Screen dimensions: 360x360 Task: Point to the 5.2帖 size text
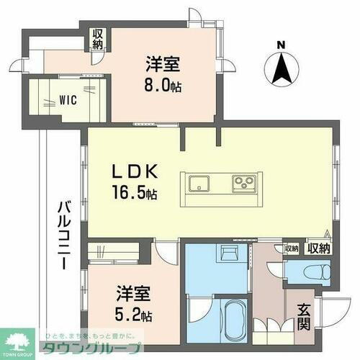pos(135,314)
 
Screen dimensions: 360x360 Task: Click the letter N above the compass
pos(282,45)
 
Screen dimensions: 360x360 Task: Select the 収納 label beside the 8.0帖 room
pos(97,39)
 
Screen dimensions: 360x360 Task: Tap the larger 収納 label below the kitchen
pos(319,248)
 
